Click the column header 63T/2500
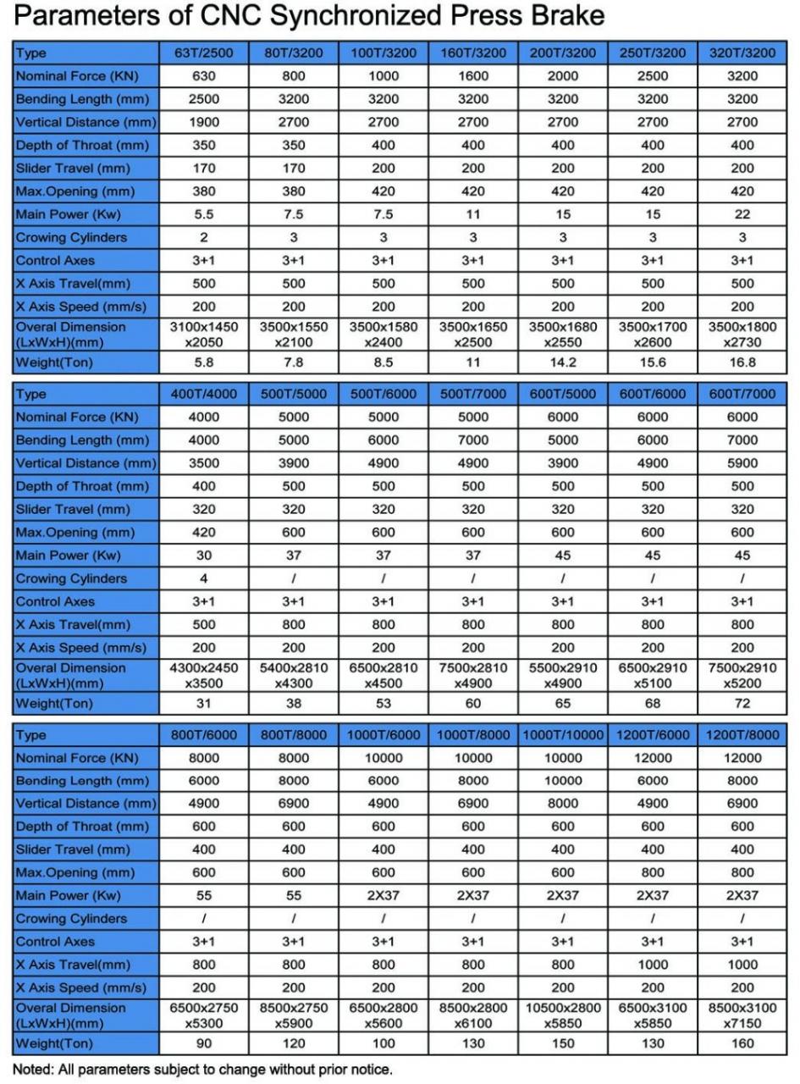(x=204, y=53)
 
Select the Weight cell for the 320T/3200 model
(x=742, y=362)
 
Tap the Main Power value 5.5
(x=204, y=214)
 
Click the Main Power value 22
(x=742, y=214)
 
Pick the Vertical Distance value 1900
(x=204, y=122)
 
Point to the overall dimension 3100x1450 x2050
(x=204, y=335)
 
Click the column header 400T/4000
(x=204, y=394)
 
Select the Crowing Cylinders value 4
(x=204, y=578)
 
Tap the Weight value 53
(x=383, y=703)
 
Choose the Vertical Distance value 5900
(x=742, y=463)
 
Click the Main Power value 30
(x=204, y=556)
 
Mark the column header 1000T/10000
(x=563, y=734)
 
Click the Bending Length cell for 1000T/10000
(x=563, y=781)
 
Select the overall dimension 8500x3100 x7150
(x=742, y=1015)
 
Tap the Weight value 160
(x=742, y=1043)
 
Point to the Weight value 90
(x=204, y=1043)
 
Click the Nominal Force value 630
(x=204, y=75)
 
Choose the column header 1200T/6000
(x=653, y=734)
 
